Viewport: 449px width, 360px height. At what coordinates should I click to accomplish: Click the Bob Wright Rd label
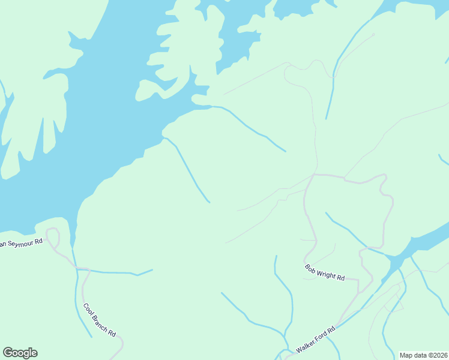324,272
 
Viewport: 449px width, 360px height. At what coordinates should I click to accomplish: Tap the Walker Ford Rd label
315,340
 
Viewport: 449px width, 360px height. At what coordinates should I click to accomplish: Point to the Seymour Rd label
22,243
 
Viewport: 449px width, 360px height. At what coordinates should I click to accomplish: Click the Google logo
20,353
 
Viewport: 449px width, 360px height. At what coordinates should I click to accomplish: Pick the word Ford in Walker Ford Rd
319,336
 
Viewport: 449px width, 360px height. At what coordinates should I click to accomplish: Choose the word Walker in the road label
305,346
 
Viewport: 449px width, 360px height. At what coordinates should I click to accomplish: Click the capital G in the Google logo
8,353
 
